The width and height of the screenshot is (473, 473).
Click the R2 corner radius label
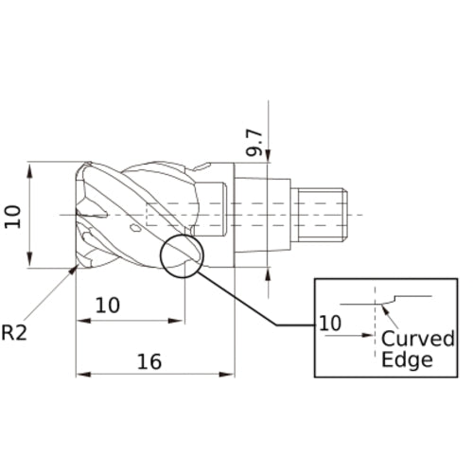click(x=16, y=333)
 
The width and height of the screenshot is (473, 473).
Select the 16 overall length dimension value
click(x=149, y=360)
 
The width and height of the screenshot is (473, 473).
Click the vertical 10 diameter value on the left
click(x=12, y=217)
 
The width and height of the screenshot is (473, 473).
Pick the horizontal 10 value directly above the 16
click(x=109, y=305)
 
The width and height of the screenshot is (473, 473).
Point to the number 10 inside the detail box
click(x=330, y=322)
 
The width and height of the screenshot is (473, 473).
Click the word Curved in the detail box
click(x=418, y=340)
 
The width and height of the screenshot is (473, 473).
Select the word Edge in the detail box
click(x=407, y=359)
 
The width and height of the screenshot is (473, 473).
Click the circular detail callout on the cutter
click(x=182, y=255)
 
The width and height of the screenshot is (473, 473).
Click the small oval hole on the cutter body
click(x=136, y=228)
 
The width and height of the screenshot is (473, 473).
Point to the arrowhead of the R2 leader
click(x=74, y=272)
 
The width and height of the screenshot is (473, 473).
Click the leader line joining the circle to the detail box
click(x=246, y=303)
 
